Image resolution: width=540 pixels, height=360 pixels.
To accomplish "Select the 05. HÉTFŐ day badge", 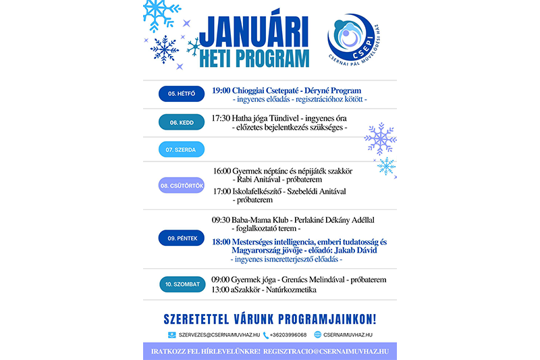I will click(182, 94).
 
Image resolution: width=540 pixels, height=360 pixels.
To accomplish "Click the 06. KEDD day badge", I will click(182, 122).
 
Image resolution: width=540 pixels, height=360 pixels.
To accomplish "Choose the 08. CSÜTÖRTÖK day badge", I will click(182, 185).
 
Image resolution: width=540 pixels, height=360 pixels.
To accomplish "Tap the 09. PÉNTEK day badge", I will click(182, 238).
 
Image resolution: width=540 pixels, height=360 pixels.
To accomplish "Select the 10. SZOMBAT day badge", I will click(182, 284).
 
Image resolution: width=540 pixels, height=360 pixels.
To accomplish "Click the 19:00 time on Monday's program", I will click(221, 90).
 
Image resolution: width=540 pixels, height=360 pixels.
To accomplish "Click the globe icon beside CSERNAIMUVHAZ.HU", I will click(318, 335).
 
